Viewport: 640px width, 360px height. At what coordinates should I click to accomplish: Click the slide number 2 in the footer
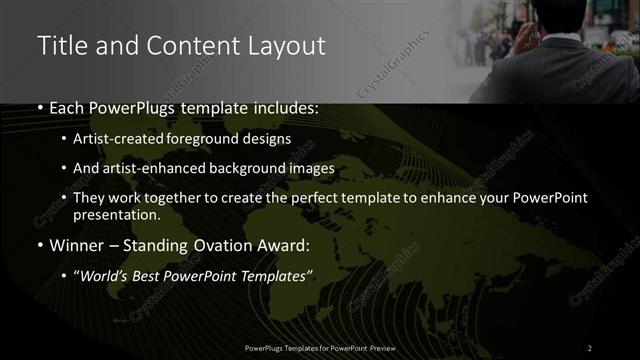pyautogui.click(x=590, y=347)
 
